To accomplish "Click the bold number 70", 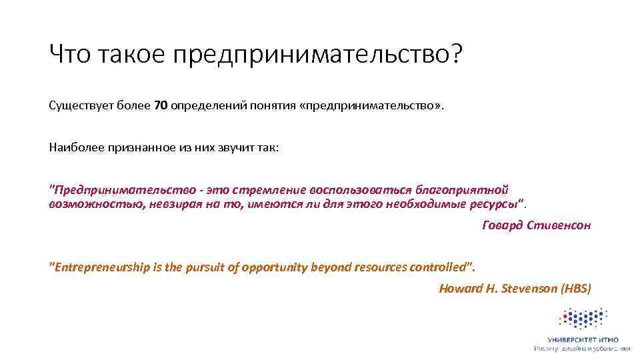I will click(x=161, y=106).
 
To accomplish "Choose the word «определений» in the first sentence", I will click(x=209, y=106).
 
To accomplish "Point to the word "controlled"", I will click(x=435, y=267).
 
